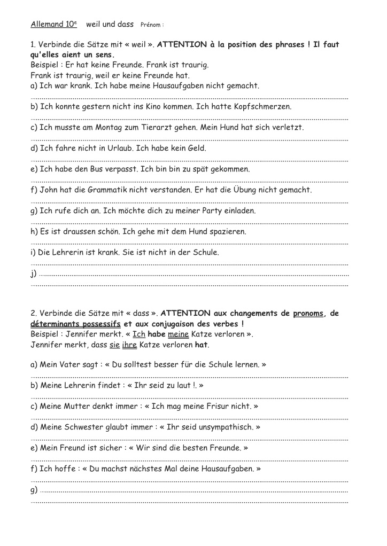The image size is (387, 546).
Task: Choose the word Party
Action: (x=233, y=210)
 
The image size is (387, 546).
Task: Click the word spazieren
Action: (x=223, y=231)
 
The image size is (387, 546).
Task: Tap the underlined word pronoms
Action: (x=308, y=314)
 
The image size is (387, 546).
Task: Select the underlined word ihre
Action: (x=129, y=345)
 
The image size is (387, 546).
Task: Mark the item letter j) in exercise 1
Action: (x=34, y=274)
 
